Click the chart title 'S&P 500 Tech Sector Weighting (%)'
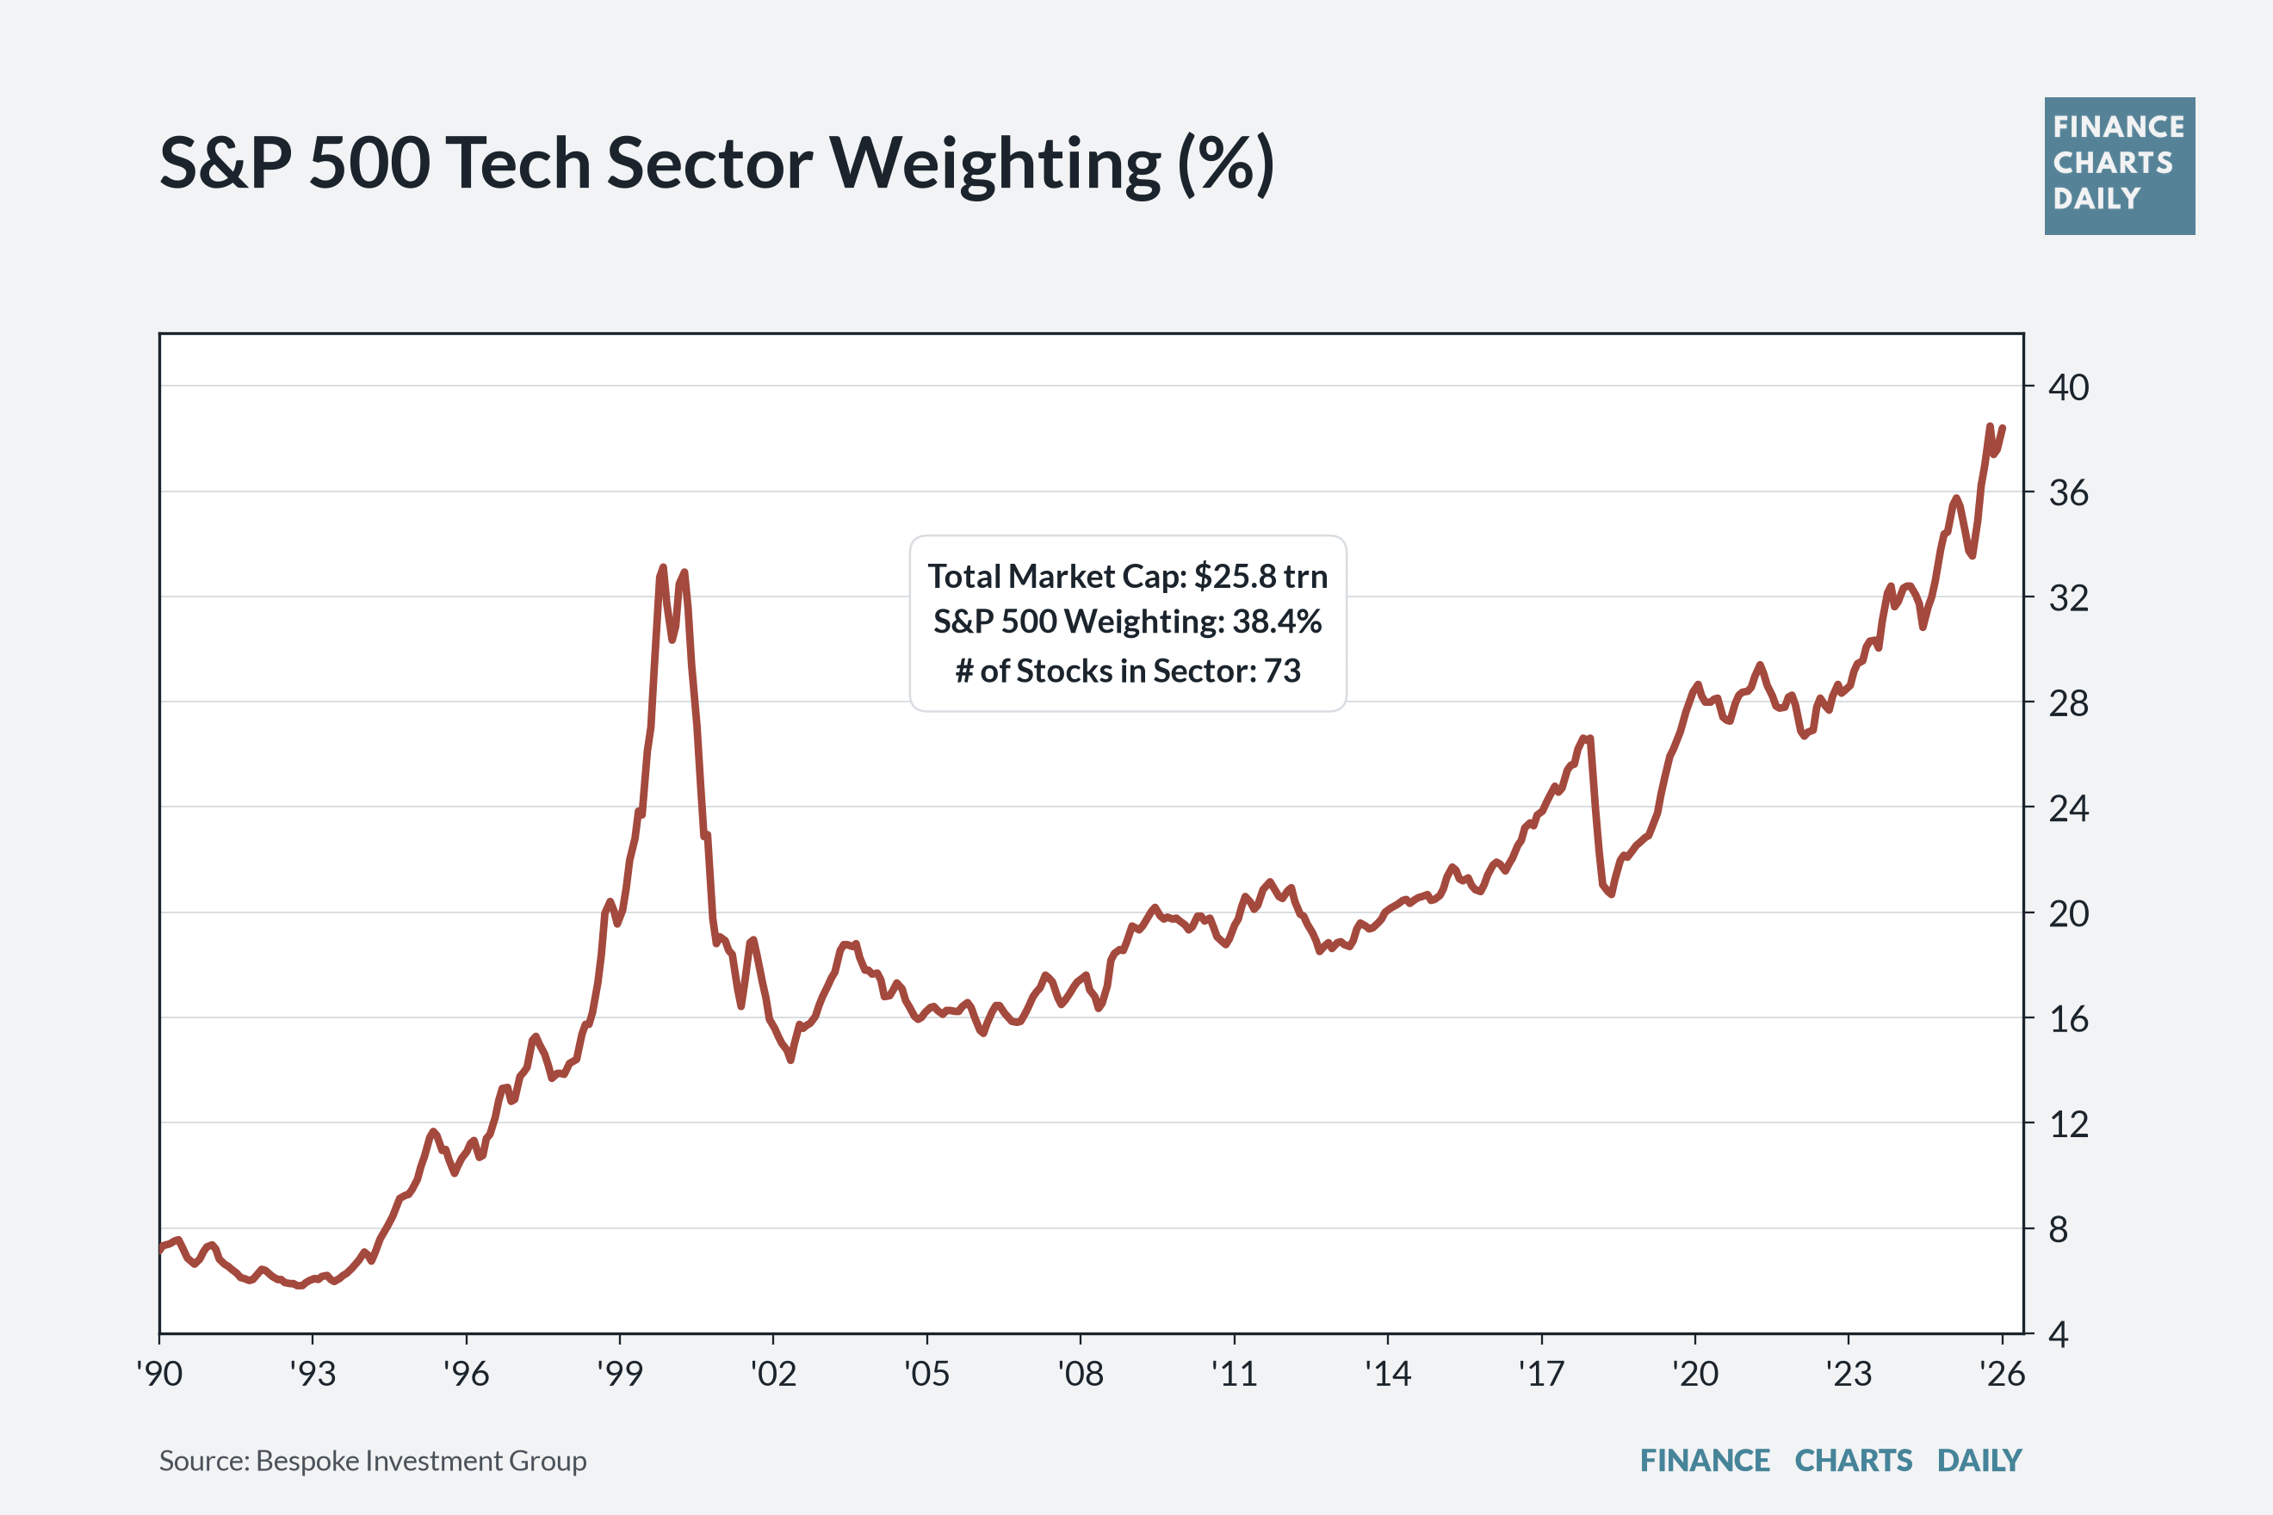click(716, 164)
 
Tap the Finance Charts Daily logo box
click(2120, 166)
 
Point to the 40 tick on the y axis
click(2069, 387)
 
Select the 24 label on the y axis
click(2069, 807)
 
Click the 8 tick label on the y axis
click(2059, 1229)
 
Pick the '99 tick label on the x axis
click(619, 1373)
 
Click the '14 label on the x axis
click(1388, 1373)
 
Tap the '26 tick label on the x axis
click(2002, 1373)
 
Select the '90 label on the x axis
click(159, 1373)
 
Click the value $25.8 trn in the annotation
click(1261, 576)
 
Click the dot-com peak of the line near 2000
click(662, 567)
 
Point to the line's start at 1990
click(160, 1249)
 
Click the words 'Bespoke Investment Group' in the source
click(421, 1461)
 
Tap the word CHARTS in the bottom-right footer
click(1854, 1460)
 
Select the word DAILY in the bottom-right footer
click(1979, 1460)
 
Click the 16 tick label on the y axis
click(2069, 1018)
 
